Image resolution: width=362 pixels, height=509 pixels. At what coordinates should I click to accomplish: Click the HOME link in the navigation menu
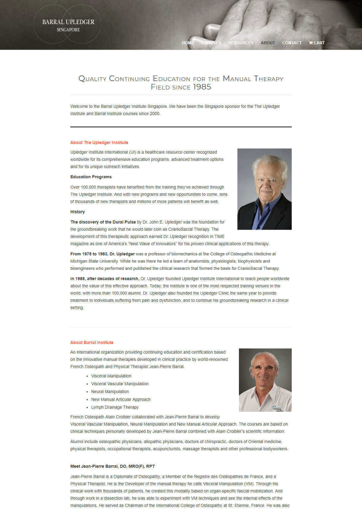coord(188,43)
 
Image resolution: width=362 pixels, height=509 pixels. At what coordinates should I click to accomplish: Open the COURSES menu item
coord(211,43)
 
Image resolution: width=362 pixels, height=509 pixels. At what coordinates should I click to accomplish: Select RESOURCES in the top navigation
coord(241,43)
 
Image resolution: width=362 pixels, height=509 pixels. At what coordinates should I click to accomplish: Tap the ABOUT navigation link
coord(268,43)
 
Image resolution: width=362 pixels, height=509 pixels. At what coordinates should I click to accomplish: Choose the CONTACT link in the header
coord(292,43)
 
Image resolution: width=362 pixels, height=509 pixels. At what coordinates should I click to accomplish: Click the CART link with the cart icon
coord(317,43)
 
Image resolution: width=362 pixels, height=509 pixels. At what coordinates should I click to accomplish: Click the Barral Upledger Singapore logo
coord(68,25)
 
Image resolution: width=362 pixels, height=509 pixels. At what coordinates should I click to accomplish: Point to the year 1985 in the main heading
coord(202,87)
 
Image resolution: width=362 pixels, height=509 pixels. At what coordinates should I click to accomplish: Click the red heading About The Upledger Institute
coord(99,142)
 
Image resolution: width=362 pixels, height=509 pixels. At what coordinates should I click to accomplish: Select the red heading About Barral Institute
coord(92,342)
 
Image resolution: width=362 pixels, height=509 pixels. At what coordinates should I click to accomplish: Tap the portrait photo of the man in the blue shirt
coord(264,189)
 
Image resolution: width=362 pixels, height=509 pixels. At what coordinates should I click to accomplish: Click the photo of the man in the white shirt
coord(265,380)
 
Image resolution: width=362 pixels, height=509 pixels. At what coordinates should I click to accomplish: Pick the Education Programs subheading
coord(91,177)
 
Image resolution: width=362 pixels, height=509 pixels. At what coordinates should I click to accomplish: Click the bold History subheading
coord(78,212)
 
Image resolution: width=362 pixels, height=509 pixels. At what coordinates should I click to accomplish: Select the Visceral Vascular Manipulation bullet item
coord(120,384)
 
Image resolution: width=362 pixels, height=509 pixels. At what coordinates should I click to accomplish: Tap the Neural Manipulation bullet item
coord(110,392)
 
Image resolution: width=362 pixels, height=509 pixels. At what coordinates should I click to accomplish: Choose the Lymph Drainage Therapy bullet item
coord(115,407)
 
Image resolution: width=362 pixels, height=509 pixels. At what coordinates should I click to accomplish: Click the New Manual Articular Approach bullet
coord(121,399)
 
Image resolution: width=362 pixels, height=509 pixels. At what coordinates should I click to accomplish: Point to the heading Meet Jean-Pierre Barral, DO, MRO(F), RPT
coord(113,466)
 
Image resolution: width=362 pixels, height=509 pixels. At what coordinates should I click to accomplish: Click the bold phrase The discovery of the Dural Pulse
coord(103,222)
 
